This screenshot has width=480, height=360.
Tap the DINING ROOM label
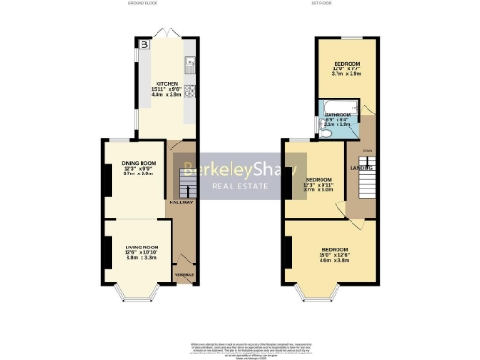(x=137, y=162)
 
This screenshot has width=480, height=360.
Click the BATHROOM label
(x=334, y=116)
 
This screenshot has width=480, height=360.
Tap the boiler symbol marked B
(x=144, y=45)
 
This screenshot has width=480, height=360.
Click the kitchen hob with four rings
(x=189, y=91)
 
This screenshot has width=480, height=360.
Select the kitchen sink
(x=189, y=66)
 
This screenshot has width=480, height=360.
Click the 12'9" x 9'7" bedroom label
(x=348, y=68)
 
